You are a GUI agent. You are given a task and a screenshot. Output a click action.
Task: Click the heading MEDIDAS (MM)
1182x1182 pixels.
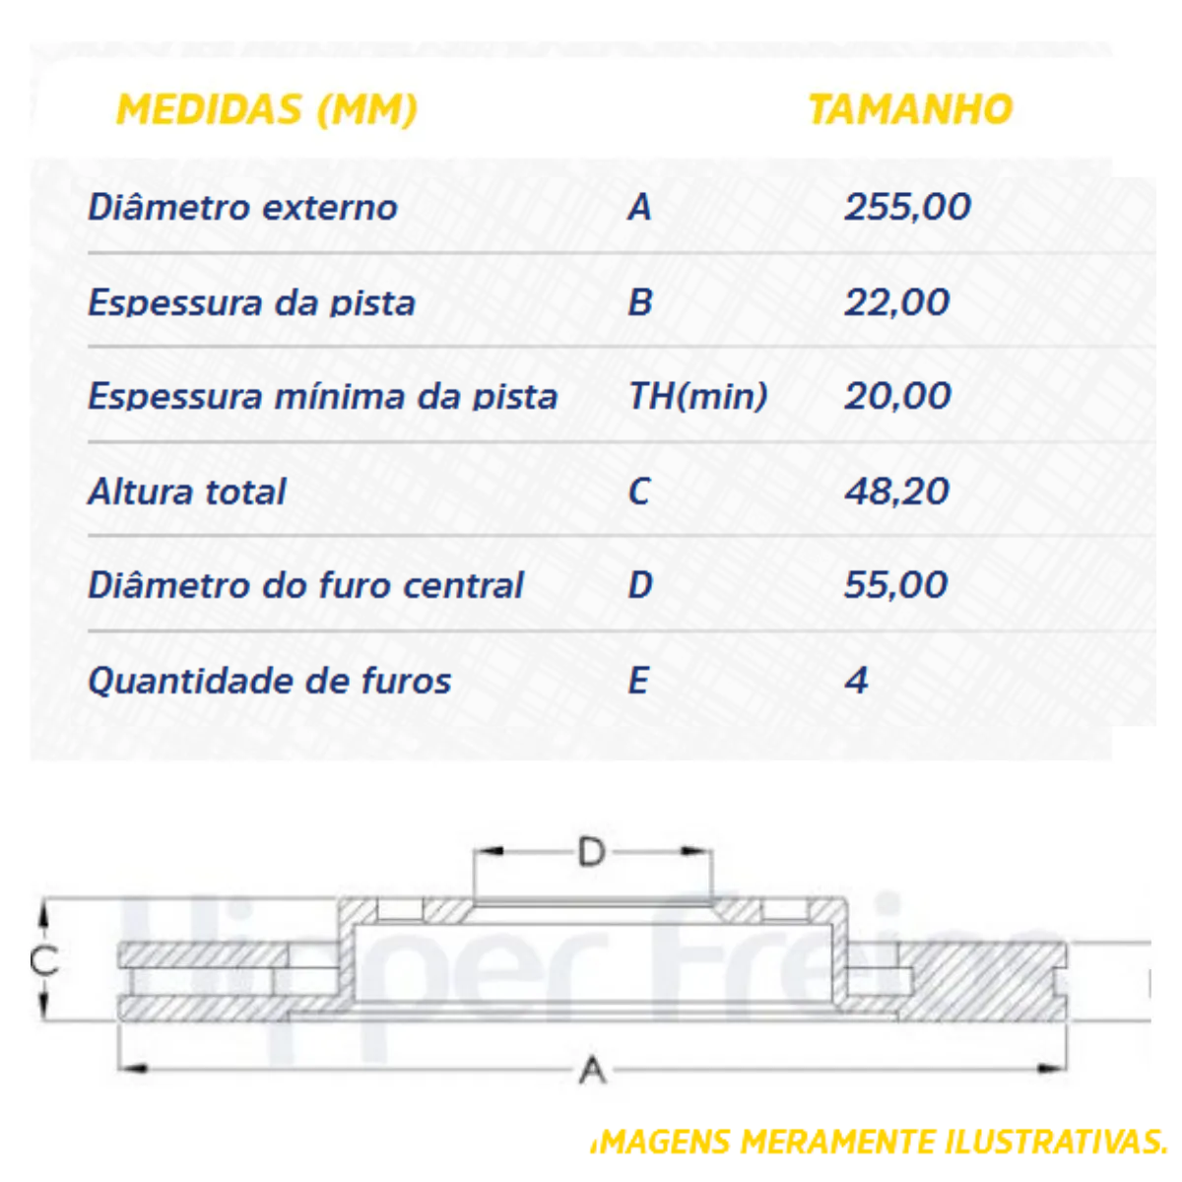267,109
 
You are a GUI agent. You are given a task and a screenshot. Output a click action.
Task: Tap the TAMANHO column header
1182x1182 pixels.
910,109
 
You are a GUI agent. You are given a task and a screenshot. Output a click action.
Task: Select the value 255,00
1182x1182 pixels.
907,207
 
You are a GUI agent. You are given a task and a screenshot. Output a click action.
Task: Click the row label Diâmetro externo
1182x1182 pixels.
242,208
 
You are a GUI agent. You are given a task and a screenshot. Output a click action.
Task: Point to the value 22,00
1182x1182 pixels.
896,302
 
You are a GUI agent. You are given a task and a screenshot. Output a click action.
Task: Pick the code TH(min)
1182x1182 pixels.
697,396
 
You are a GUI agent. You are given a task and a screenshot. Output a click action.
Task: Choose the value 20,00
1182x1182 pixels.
897,396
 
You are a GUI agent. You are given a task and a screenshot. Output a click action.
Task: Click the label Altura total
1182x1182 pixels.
187,491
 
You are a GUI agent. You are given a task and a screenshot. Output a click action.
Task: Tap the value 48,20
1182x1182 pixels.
896,491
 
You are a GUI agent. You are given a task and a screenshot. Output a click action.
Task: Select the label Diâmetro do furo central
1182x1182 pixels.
305,585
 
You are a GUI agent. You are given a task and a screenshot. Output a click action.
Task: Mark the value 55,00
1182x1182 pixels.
895,585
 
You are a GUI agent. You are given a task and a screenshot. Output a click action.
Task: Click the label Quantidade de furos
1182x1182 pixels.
269,681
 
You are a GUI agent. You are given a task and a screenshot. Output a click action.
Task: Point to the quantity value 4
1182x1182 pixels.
857,681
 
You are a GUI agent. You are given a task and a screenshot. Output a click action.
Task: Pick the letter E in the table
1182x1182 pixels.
638,681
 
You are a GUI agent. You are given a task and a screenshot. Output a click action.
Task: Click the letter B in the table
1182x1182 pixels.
640,302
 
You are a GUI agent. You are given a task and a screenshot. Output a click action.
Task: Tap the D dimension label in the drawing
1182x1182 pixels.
591,852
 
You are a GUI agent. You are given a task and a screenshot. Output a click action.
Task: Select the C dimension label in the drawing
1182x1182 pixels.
43,960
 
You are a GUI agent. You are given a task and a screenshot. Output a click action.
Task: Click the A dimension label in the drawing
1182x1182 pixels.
592,1070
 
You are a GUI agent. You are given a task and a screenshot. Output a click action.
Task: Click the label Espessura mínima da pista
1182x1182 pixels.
322,396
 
